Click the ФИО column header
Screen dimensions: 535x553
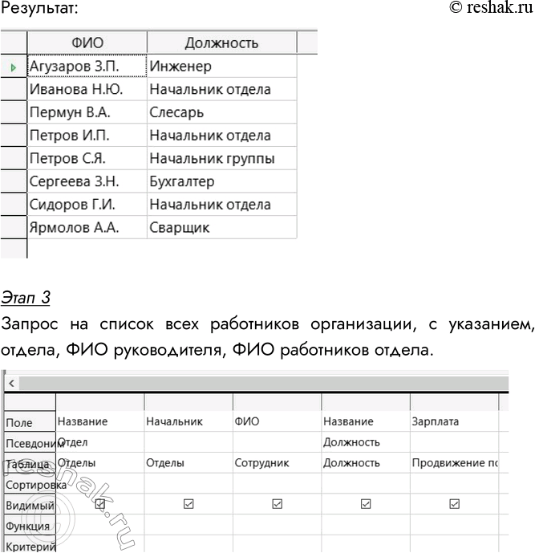pos(87,42)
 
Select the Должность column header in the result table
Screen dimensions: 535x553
pos(221,42)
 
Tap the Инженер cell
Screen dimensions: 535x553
pos(180,67)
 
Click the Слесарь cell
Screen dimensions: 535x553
pos(176,112)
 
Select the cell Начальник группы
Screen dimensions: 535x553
pos(212,159)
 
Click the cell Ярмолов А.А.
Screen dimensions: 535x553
pos(74,228)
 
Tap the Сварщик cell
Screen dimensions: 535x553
pos(179,228)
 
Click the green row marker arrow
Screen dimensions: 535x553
pos(14,67)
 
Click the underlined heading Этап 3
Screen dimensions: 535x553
pos(26,299)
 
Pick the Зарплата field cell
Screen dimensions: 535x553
pos(436,421)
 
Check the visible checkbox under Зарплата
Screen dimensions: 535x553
pos(454,504)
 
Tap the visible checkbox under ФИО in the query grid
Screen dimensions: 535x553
pos(277,504)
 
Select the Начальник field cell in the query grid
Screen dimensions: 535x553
pos(175,421)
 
